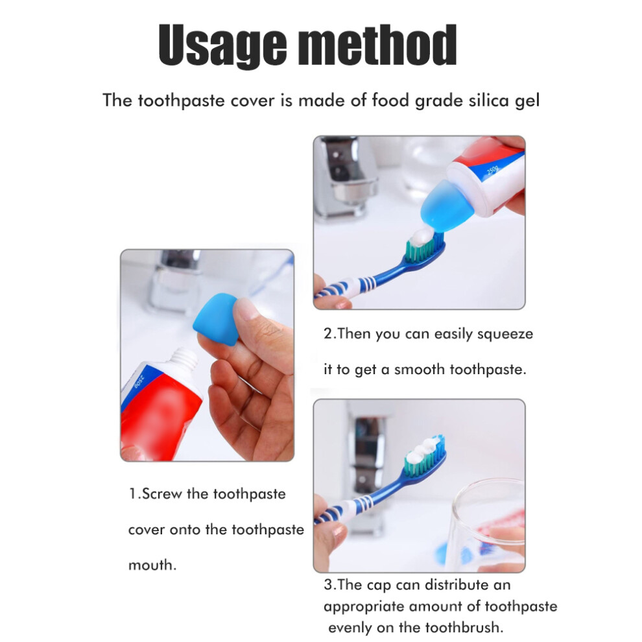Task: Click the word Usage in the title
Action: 222,45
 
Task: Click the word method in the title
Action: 377,44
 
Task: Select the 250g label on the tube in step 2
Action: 492,171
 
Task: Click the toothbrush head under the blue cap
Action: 425,248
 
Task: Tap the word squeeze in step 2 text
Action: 505,335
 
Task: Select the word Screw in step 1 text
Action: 161,493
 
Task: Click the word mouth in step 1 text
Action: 152,565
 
